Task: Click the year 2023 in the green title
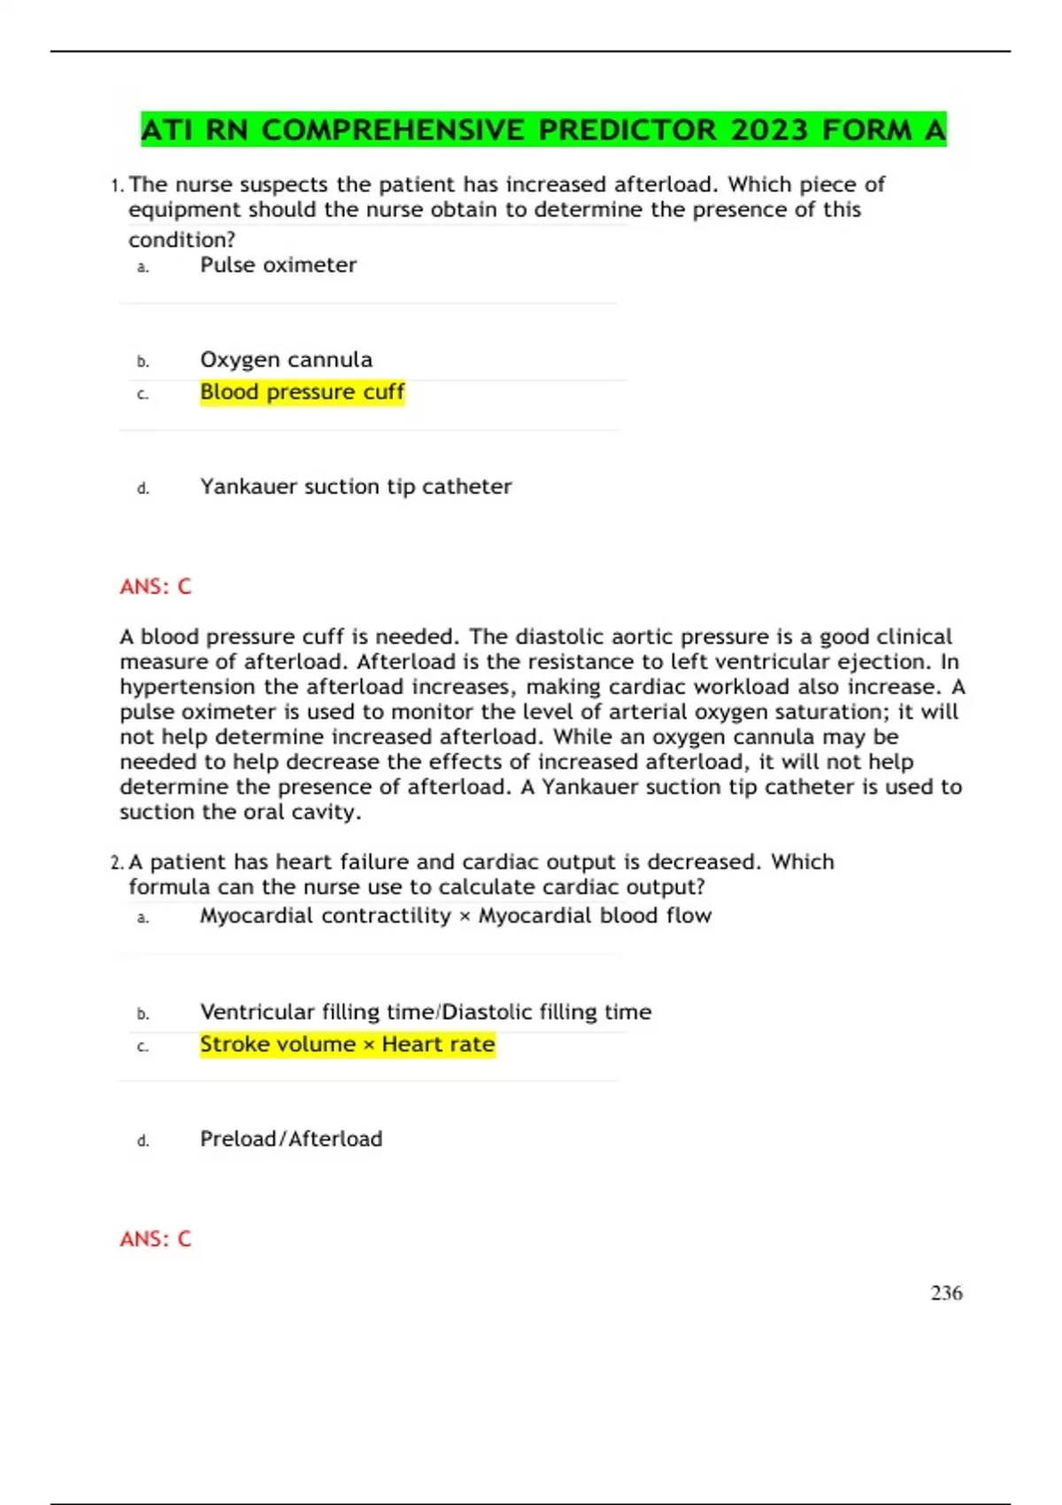pos(769,130)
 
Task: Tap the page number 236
pos(946,1293)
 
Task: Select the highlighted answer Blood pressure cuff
pos(302,391)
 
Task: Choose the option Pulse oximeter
pos(278,265)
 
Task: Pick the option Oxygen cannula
pos(286,359)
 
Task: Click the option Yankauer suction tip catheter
pos(356,486)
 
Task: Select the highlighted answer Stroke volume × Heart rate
pos(347,1044)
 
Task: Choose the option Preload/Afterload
pos(291,1138)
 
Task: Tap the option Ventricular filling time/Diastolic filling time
pos(426,1012)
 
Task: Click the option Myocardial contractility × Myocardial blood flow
pos(456,915)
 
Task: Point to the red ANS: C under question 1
pos(156,586)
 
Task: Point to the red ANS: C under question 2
pos(156,1239)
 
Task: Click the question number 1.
pos(116,186)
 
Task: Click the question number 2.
pos(117,863)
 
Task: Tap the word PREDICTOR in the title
pos(627,130)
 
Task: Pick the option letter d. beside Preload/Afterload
pos(143,1140)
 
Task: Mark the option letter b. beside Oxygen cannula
pos(143,361)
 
